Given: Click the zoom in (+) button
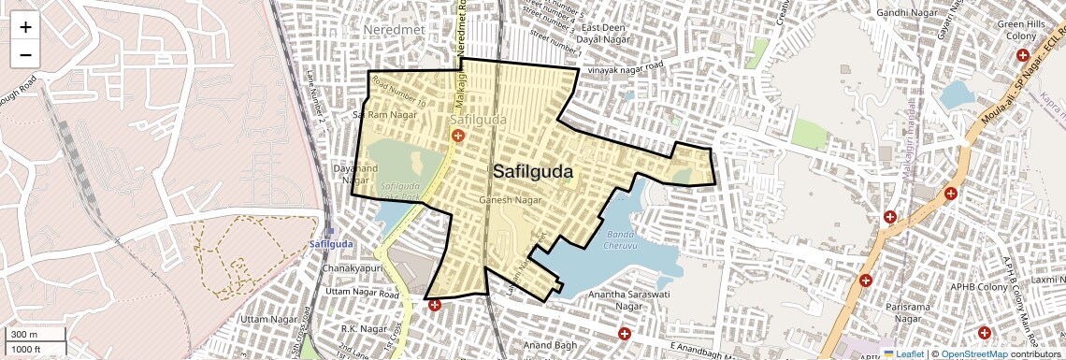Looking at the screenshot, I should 25,26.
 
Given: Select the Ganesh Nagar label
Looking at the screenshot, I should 511,200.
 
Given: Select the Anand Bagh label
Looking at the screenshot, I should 553,346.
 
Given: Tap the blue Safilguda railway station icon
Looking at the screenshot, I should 330,232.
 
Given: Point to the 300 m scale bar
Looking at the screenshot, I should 35,335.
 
